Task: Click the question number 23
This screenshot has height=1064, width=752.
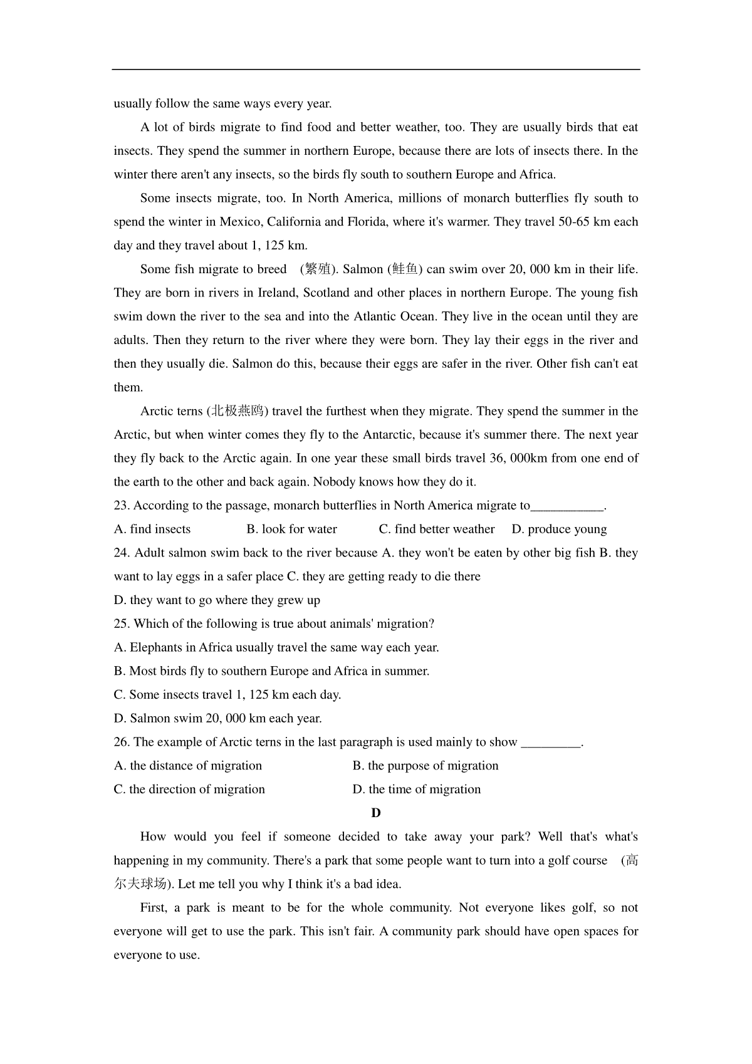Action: pos(122,506)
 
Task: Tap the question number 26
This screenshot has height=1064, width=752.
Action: pos(122,742)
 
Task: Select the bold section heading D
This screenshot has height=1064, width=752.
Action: pos(376,813)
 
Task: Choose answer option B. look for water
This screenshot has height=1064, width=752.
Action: pos(291,529)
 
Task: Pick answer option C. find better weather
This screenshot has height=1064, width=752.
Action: pos(437,529)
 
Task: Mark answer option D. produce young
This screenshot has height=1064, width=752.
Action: pos(559,529)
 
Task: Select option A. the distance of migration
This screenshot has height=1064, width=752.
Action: pos(188,766)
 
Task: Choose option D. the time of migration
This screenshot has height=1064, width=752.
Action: pos(417,790)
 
